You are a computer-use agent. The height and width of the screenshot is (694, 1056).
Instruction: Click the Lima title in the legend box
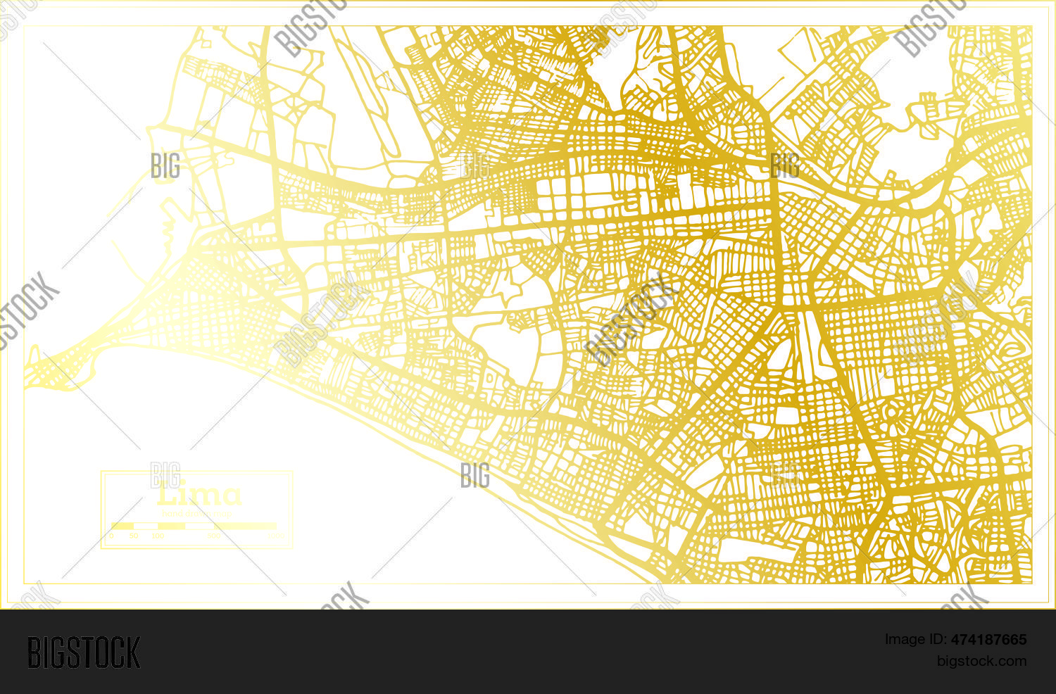click(x=199, y=496)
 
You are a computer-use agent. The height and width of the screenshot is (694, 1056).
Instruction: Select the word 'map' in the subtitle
click(x=224, y=514)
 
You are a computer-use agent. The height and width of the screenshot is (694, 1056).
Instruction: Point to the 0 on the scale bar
click(x=112, y=536)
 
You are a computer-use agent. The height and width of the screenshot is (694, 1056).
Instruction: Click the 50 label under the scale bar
click(x=134, y=536)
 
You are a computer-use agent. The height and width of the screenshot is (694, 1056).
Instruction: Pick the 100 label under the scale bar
click(x=158, y=536)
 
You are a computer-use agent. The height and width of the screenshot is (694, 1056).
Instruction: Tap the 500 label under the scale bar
click(x=214, y=536)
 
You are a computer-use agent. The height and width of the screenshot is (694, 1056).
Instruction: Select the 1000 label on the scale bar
click(x=275, y=536)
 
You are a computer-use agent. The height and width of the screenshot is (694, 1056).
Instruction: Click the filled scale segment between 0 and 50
click(x=122, y=526)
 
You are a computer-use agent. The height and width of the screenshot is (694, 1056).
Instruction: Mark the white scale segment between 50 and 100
click(x=146, y=526)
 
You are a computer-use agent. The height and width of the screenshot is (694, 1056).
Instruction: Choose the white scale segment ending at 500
click(x=199, y=526)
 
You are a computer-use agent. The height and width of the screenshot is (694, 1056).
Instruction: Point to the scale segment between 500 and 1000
click(x=245, y=526)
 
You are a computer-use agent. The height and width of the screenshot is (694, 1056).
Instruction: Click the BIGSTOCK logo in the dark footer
click(x=84, y=652)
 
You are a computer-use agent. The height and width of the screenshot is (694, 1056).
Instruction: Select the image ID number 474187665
click(x=988, y=640)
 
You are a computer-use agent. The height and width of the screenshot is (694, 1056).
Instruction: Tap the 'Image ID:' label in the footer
click(x=916, y=640)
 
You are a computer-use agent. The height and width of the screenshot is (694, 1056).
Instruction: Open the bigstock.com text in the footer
click(x=981, y=661)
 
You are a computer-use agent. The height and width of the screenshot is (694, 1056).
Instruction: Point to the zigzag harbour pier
click(x=168, y=225)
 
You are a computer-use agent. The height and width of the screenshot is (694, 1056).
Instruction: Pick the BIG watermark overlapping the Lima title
click(x=165, y=476)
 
